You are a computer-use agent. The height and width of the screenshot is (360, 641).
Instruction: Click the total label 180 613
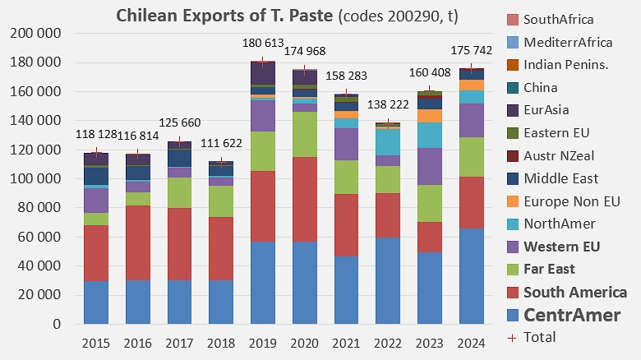click(x=263, y=43)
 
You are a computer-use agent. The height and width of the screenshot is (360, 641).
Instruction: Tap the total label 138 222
click(x=388, y=104)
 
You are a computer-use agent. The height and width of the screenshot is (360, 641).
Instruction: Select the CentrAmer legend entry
click(x=564, y=315)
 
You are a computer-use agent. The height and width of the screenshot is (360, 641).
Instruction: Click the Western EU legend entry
click(x=554, y=247)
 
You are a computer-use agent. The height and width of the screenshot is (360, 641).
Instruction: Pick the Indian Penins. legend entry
click(x=558, y=65)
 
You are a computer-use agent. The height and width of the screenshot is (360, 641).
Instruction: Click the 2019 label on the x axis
click(x=263, y=343)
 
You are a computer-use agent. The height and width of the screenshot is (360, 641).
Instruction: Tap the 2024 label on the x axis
click(x=472, y=343)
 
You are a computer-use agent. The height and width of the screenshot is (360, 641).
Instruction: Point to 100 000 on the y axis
click(x=36, y=179)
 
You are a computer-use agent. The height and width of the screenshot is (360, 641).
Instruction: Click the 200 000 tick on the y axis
click(x=36, y=33)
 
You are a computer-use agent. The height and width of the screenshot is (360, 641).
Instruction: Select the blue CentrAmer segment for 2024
click(x=472, y=276)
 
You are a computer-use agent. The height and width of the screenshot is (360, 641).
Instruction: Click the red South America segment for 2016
click(x=138, y=242)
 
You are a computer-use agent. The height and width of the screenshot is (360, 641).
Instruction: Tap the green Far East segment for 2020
click(x=305, y=134)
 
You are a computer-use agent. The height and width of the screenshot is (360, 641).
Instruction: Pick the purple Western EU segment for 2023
click(x=430, y=167)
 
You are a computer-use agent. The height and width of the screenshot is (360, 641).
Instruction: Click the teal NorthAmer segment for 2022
click(x=388, y=142)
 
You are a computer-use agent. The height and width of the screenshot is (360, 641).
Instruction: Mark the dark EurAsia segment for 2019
click(x=263, y=73)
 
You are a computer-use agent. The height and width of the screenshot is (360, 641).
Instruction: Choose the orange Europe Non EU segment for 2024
click(x=472, y=85)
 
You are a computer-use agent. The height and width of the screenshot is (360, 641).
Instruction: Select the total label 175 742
click(x=472, y=50)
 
